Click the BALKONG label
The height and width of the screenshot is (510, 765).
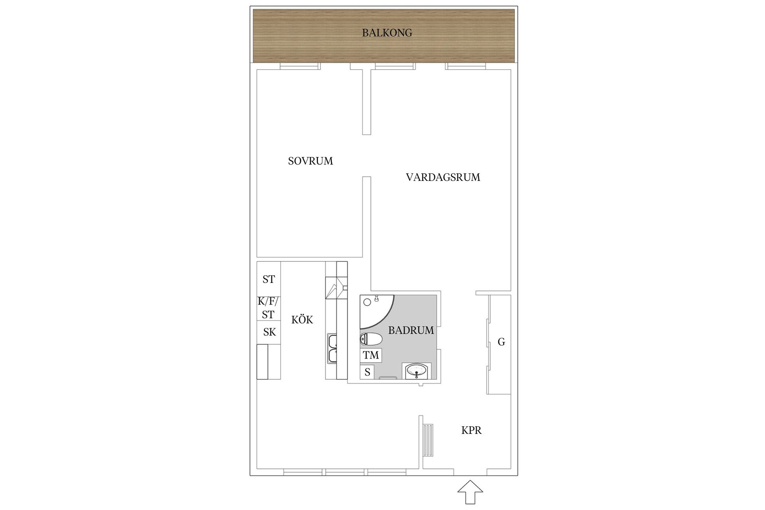point(387,33)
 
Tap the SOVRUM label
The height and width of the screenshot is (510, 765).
point(310,161)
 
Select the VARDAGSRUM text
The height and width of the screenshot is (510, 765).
point(443,177)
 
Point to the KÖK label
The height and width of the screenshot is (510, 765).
point(302,320)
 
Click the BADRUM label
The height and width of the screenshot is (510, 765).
point(411,330)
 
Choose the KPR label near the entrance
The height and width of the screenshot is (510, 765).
point(471,430)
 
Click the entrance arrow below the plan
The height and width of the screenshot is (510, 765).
point(471,492)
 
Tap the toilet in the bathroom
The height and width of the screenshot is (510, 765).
point(371,339)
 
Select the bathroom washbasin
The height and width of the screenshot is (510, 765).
point(417,371)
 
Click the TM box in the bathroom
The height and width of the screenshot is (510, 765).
point(371,355)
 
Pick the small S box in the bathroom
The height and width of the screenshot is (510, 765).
point(367,372)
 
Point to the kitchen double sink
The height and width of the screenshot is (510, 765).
point(332,349)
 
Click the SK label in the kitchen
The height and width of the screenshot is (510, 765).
point(269,332)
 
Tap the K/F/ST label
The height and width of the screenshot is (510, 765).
point(269,308)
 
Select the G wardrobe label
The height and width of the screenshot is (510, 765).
point(501,342)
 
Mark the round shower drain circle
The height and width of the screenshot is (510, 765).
point(367,302)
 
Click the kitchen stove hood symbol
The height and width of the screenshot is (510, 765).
point(336,287)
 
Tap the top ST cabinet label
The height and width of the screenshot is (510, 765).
point(269,279)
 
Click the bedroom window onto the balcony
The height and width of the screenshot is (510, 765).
point(300,66)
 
